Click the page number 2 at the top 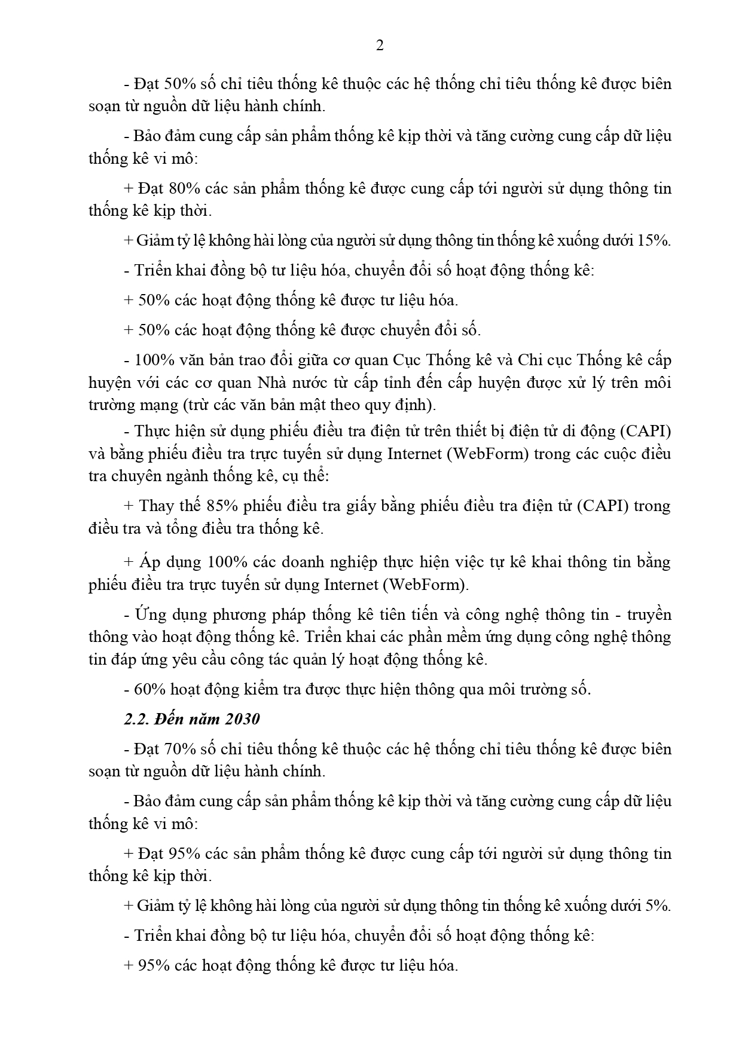pos(380,46)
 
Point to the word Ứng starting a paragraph pos(149,615)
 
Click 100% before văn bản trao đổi pos(154,360)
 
